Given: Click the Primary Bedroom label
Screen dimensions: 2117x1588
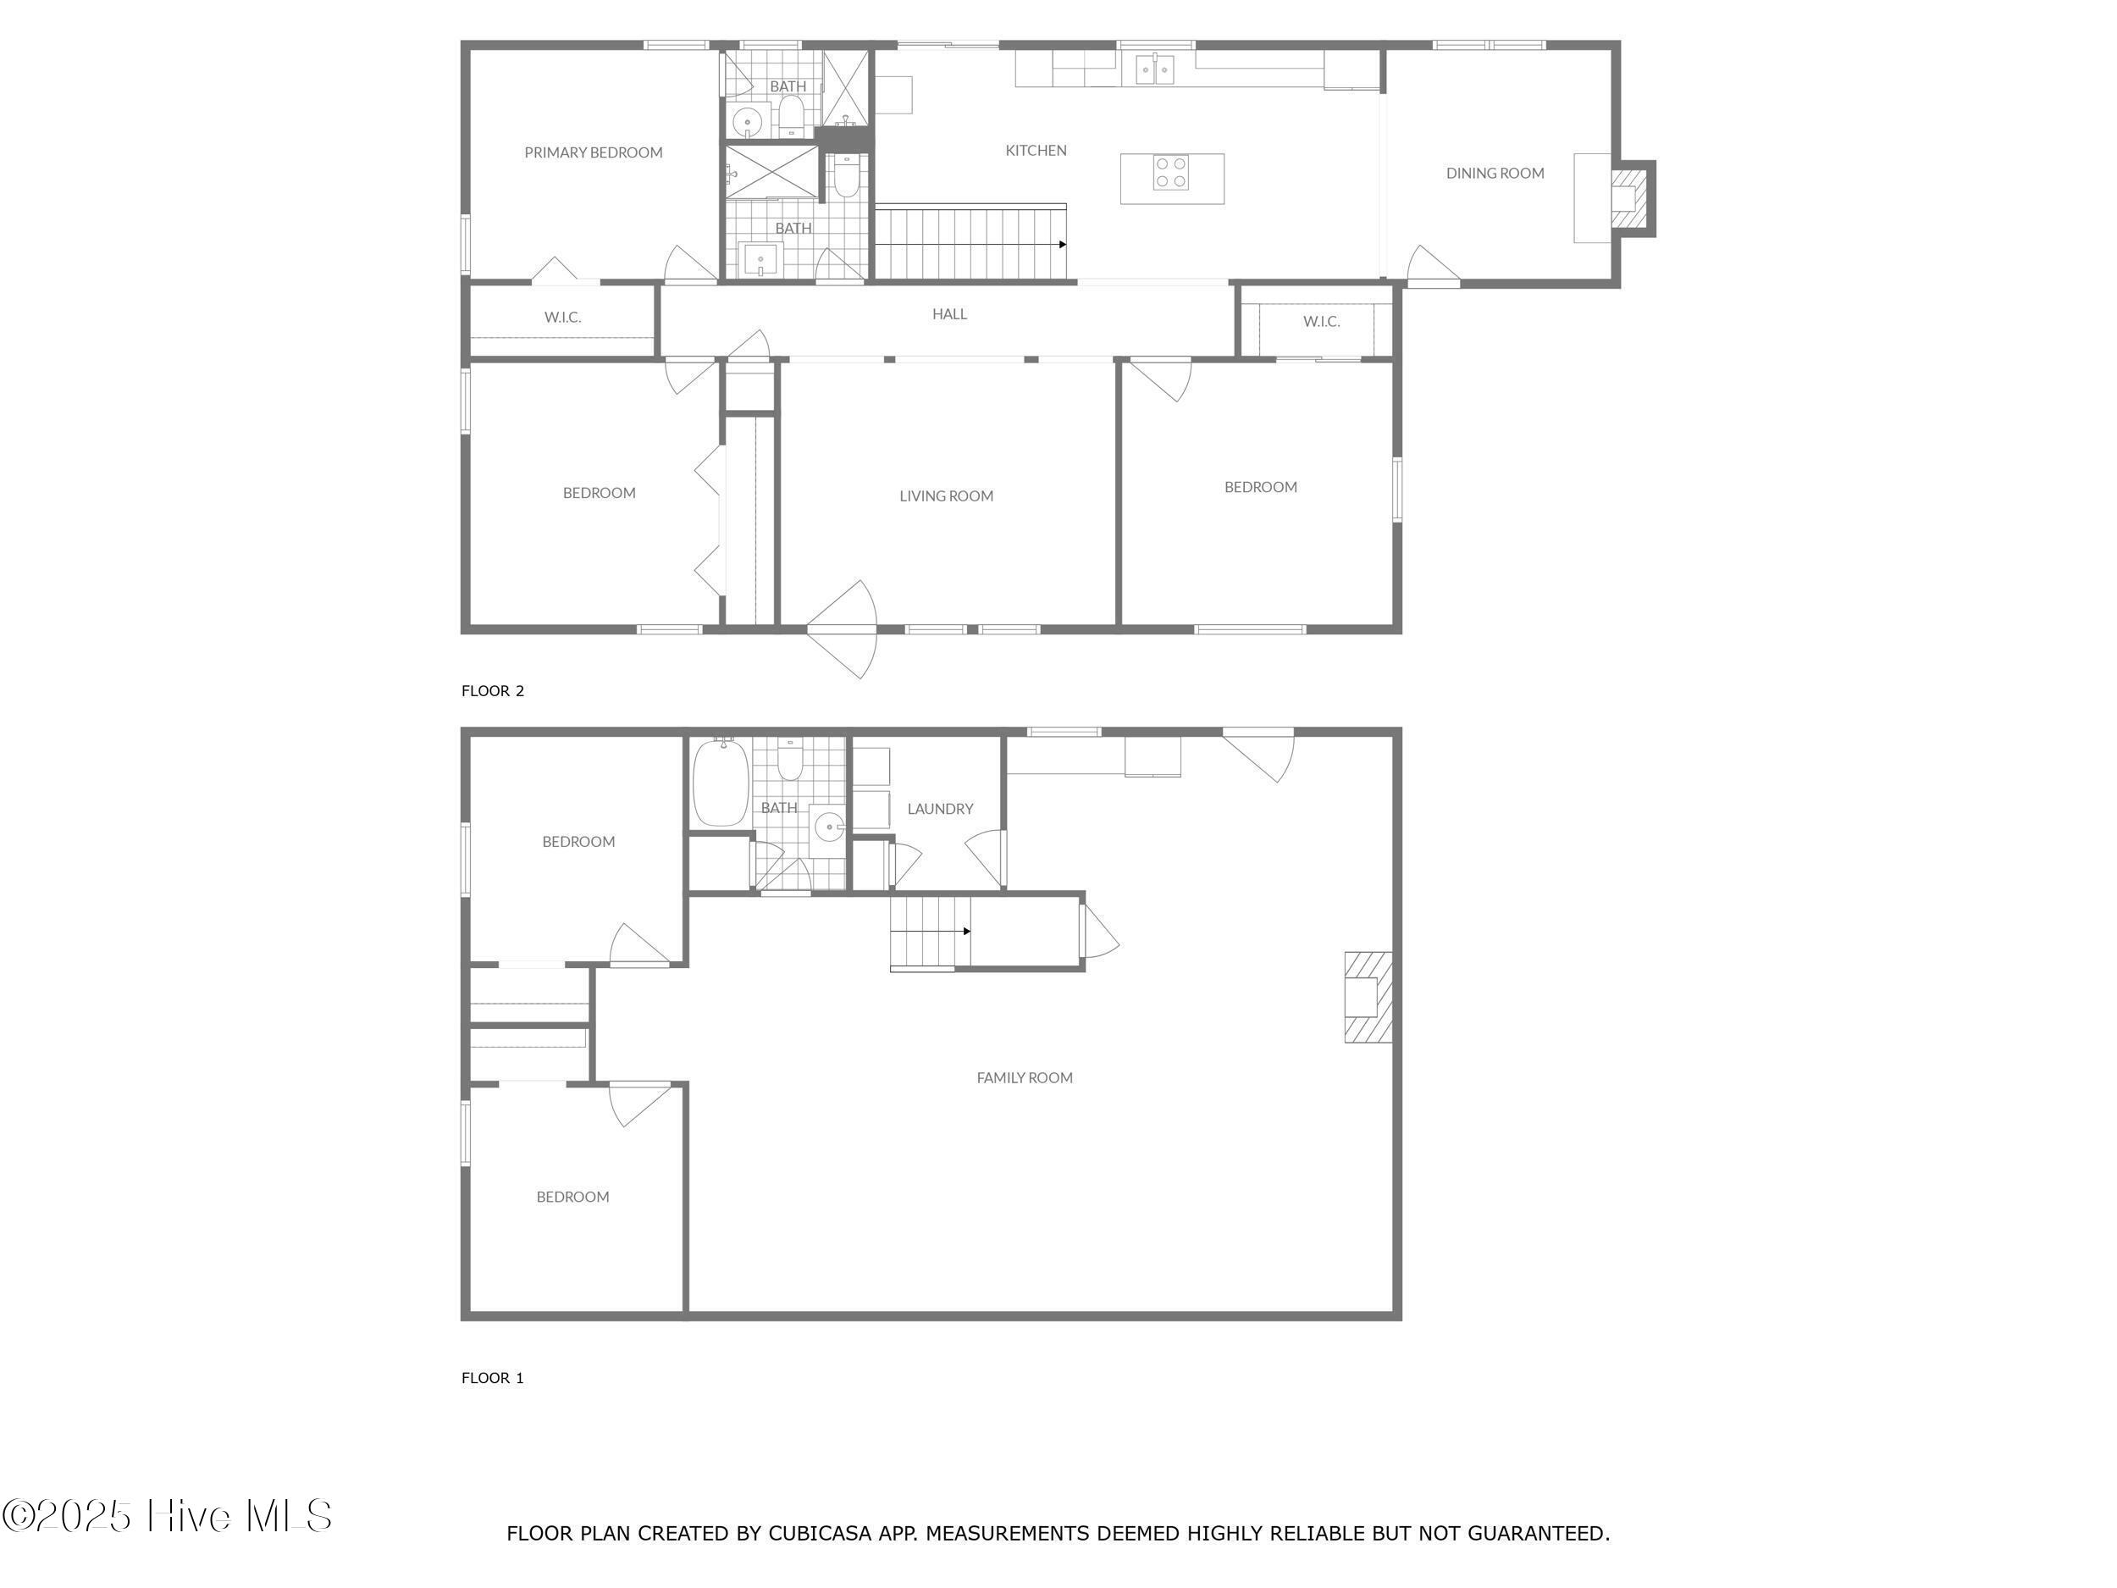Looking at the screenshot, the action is tap(594, 152).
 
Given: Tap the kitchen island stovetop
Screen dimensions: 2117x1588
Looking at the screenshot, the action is tap(1169, 172).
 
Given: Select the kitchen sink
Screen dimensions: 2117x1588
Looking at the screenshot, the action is tap(1155, 69).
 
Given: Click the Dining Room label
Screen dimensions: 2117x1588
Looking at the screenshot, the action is tap(1495, 174).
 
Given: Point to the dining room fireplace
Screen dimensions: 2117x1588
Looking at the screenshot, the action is tap(1633, 198).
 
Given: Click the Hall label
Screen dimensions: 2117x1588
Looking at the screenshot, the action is tap(949, 314).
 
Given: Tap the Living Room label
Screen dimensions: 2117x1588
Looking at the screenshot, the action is tap(947, 495).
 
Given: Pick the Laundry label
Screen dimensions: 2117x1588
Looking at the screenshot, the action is tap(940, 809).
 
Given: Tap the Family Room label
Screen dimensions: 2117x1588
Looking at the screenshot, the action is tap(1024, 1078).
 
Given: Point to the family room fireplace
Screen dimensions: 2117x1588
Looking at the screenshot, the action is tap(1368, 997).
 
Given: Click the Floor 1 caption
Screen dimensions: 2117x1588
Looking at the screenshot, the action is tap(493, 1377).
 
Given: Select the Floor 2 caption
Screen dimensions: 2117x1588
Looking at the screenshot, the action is tap(493, 690).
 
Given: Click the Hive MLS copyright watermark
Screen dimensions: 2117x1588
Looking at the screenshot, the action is tap(168, 1515).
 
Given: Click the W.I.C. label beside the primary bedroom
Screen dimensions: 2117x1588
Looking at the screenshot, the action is tap(563, 317).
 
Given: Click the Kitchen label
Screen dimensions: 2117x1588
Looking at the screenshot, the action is tap(1036, 150).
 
